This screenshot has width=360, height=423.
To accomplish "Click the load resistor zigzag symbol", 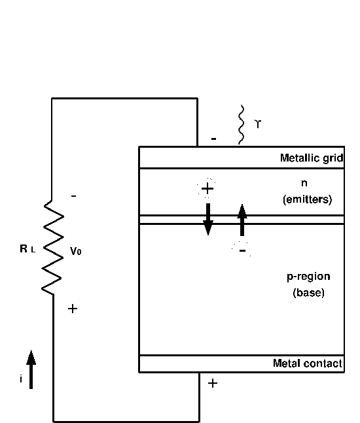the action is pyautogui.click(x=53, y=247).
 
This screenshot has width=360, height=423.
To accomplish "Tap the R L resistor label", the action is pyautogui.click(x=27, y=248).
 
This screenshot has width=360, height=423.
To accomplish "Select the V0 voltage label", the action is pyautogui.click(x=76, y=251).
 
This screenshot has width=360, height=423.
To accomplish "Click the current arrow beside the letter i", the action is pyautogui.click(x=31, y=369).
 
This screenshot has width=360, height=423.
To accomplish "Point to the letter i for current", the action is pyautogui.click(x=21, y=379).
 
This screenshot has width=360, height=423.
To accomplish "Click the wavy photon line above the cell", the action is pyautogui.click(x=241, y=125).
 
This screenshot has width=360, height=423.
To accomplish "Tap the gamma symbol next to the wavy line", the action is pyautogui.click(x=258, y=124).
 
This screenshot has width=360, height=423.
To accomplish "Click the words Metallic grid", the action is pyautogui.click(x=312, y=158).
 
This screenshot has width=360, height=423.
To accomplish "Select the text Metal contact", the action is pyautogui.click(x=308, y=364).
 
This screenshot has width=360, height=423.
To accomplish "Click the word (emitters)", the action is pyautogui.click(x=308, y=199).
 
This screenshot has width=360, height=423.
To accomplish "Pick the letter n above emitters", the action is pyautogui.click(x=304, y=183).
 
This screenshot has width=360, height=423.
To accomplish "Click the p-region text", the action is pyautogui.click(x=308, y=277).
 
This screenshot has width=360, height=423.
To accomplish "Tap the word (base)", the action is pyautogui.click(x=308, y=293).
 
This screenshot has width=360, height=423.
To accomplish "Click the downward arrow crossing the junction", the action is pyautogui.click(x=208, y=219).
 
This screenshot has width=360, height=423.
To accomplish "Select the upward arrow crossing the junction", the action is pyautogui.click(x=242, y=220).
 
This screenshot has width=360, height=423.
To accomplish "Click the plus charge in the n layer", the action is pyautogui.click(x=207, y=188).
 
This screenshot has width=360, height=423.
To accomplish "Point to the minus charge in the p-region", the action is pyautogui.click(x=243, y=250).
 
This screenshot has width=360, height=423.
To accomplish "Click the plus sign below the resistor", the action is pyautogui.click(x=73, y=309).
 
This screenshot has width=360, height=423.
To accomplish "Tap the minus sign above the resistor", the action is pyautogui.click(x=73, y=196).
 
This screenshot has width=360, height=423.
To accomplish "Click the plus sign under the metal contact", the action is pyautogui.click(x=213, y=383).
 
